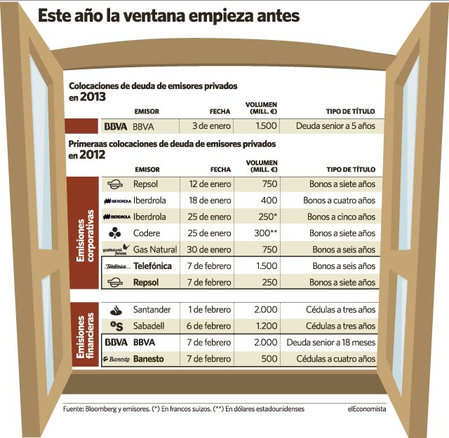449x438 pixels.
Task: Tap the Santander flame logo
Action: pyautogui.click(x=116, y=310)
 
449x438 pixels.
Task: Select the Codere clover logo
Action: pyautogui.click(x=115, y=233)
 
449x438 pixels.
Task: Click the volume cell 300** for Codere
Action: pyautogui.click(x=265, y=233)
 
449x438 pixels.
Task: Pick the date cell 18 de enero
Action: pyautogui.click(x=210, y=200)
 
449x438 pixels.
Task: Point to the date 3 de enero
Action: pyautogui.click(x=211, y=126)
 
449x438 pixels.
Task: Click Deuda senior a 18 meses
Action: pyautogui.click(x=330, y=343)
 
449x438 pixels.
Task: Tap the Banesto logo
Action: pyautogui.click(x=116, y=359)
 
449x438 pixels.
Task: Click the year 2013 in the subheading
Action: pyautogui.click(x=93, y=97)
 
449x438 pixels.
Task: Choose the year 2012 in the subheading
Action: pyautogui.click(x=93, y=155)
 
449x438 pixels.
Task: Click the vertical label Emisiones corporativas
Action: pyautogui.click(x=85, y=235)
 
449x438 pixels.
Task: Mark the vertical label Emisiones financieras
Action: pyautogui.click(x=85, y=335)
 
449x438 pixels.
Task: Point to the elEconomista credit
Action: pyautogui.click(x=367, y=409)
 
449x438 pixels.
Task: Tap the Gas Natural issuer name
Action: pyautogui.click(x=155, y=249)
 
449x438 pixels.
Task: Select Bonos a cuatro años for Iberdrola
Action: pyautogui.click(x=340, y=200)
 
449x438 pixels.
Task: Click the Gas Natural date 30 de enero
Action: pyautogui.click(x=209, y=249)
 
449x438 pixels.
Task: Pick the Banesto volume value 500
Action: pyautogui.click(x=269, y=359)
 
